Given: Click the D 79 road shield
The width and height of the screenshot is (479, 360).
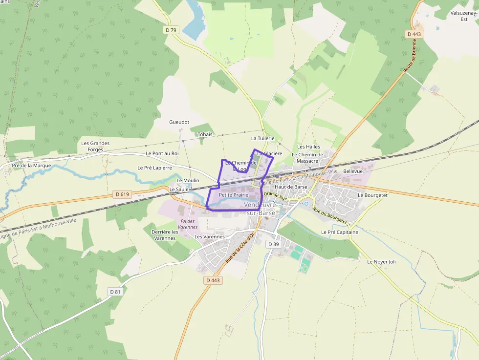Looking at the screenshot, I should point(171,30).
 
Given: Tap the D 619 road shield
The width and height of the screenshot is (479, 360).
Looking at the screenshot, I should point(123,194).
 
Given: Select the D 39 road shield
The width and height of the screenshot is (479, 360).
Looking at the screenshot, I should point(273,244).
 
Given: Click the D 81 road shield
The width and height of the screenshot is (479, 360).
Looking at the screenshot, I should point(115,292).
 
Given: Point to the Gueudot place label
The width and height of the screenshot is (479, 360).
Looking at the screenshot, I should point(179,122).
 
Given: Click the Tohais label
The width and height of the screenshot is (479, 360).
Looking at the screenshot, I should point(205,134).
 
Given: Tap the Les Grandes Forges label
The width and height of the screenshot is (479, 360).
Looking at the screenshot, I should point(95,147).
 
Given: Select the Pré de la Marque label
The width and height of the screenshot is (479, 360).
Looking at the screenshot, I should point(32,166).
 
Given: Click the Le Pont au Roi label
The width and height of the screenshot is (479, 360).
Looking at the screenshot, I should point(162,153).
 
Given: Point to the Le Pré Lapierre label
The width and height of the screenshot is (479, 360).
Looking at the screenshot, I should point(154,168).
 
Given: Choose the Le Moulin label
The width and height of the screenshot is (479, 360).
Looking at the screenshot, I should point(188,180).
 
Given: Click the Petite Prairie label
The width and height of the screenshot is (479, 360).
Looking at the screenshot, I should point(234,195).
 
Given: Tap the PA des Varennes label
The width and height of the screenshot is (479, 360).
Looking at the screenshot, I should point(188,224).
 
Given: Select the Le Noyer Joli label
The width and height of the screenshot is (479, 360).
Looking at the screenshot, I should point(381,262).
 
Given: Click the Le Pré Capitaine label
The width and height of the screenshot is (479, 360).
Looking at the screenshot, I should point(339,232).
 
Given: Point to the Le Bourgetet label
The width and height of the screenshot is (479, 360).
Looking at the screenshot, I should point(372,195).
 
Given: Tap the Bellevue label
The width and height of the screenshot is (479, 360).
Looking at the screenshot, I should point(353,171).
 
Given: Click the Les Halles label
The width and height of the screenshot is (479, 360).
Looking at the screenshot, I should point(308,147).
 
